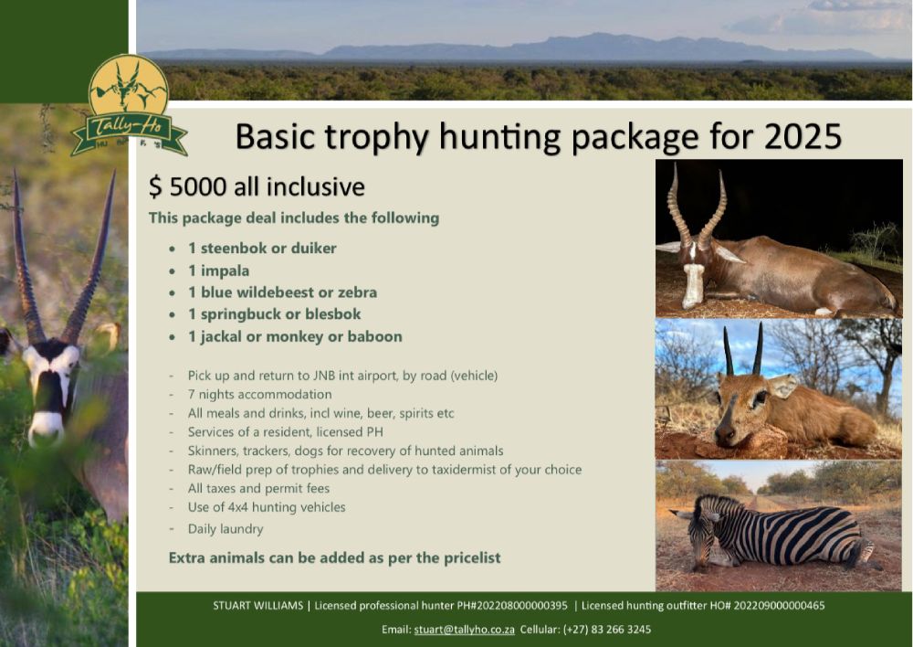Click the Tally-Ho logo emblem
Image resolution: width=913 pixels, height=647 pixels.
129,106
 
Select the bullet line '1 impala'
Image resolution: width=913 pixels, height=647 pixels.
218,270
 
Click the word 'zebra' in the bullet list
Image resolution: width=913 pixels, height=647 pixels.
358,292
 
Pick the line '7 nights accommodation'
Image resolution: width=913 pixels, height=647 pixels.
259,394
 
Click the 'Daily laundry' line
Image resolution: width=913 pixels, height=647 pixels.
226,529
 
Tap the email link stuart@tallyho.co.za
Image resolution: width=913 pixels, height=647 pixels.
464,630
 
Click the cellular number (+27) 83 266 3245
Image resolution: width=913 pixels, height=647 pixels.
607,630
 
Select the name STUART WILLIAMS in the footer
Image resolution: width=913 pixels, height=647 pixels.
258,606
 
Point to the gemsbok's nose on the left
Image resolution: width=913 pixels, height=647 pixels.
46,430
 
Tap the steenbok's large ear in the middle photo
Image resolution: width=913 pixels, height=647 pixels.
782,386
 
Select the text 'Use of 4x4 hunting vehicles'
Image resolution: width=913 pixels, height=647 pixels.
266,507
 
